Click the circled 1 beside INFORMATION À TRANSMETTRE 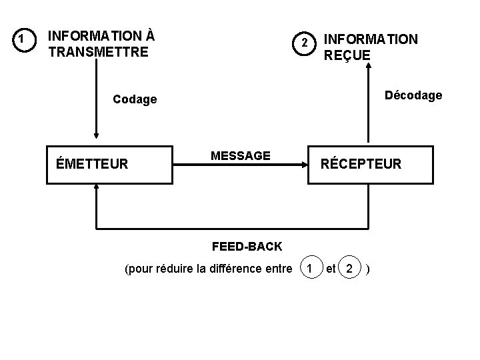pyautogui.click(x=23, y=41)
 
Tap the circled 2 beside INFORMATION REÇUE pyautogui.click(x=303, y=43)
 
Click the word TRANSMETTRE pyautogui.click(x=99, y=51)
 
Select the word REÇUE pyautogui.click(x=347, y=55)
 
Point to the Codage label pyautogui.click(x=135, y=100)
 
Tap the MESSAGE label pyautogui.click(x=240, y=156)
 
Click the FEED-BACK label pyautogui.click(x=247, y=247)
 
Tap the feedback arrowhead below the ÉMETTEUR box pyautogui.click(x=97, y=189)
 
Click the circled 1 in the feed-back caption pyautogui.click(x=308, y=269)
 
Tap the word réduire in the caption pyautogui.click(x=174, y=269)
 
